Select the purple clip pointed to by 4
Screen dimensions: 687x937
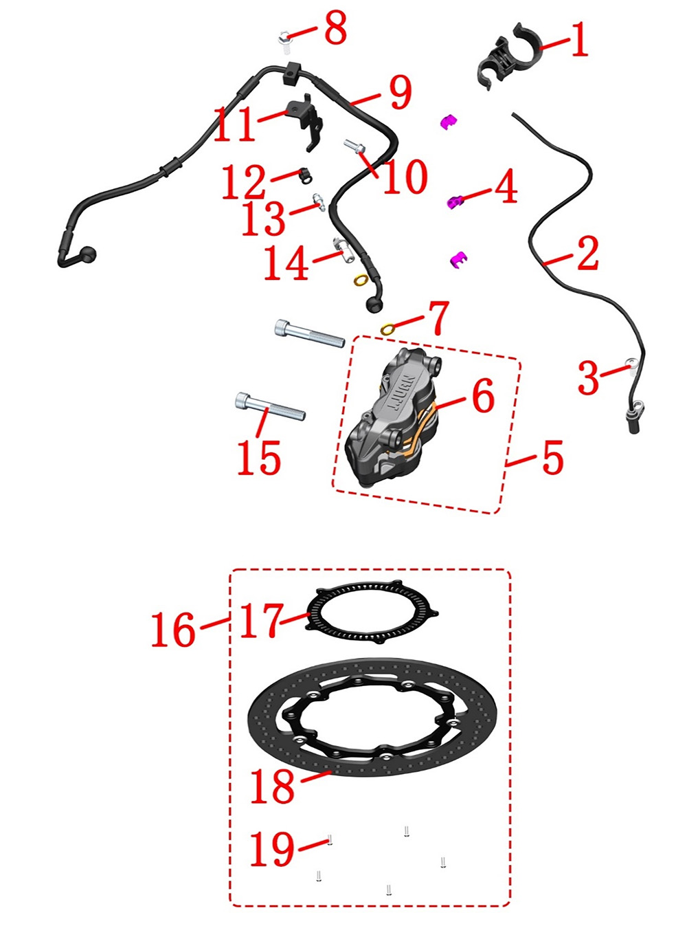[x=455, y=201]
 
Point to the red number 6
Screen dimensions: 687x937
[x=483, y=396]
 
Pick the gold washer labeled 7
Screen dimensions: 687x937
[x=387, y=329]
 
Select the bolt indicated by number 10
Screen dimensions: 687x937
[x=354, y=146]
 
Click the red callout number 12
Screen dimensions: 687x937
[x=243, y=181]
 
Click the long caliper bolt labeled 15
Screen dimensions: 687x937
[x=270, y=405]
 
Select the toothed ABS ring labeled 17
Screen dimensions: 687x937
[x=372, y=613]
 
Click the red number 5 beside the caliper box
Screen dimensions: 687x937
[x=552, y=458]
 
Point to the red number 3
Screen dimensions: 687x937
[x=588, y=377]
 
